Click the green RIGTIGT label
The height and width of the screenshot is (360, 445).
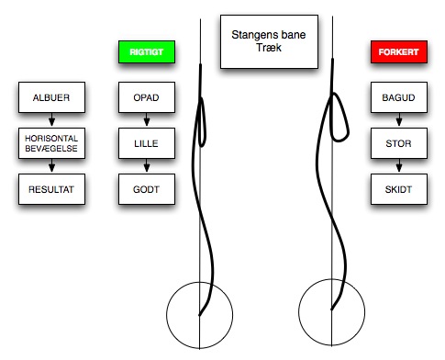pos(147,51)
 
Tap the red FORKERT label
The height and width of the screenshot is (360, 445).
pos(399,51)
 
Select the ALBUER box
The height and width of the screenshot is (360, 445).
pos(51,97)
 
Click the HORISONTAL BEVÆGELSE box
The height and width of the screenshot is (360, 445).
pos(51,143)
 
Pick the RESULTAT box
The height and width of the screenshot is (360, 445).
pos(51,189)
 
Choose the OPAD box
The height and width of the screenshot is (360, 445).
pos(147,97)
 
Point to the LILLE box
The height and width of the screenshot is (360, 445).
pos(147,143)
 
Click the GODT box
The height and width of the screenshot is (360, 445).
pos(147,189)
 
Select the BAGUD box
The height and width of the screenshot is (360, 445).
pos(399,97)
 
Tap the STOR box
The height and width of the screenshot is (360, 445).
pos(399,143)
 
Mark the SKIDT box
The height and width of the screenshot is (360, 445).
pos(399,189)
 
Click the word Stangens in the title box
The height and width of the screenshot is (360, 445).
pos(251,35)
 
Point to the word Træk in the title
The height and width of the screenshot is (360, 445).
pos(269,48)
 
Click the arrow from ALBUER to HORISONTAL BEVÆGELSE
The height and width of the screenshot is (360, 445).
pos(51,119)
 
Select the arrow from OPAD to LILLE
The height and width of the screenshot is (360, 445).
pos(147,119)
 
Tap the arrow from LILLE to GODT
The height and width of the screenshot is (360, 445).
pos(147,165)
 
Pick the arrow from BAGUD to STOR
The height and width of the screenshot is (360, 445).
pos(399,119)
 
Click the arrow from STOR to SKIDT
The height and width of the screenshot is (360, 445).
pos(399,165)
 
